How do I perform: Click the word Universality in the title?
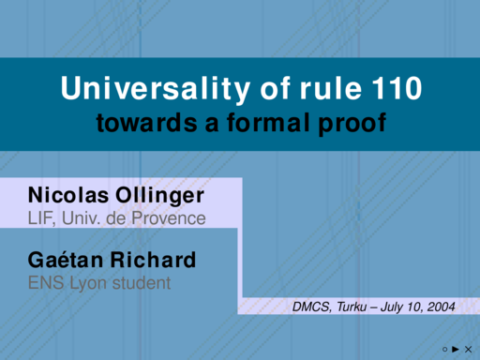point(156,89)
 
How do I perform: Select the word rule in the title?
point(331,88)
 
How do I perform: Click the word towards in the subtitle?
point(147,123)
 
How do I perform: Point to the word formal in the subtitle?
point(268,122)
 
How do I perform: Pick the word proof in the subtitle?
point(352,124)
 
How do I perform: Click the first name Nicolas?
point(68,195)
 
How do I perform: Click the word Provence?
point(169,217)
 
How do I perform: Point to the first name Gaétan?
point(66,260)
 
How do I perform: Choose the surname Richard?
point(153,260)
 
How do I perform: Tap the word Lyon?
point(88,284)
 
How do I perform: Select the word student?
point(142,283)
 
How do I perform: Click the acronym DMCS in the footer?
point(311,307)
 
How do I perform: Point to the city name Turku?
point(352,307)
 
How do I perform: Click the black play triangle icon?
point(456,349)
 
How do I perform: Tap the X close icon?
point(468,350)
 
